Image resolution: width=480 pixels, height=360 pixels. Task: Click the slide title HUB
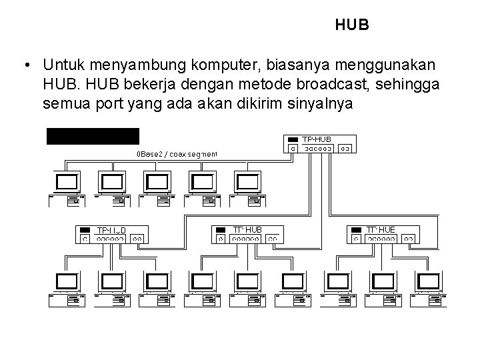coord(352,25)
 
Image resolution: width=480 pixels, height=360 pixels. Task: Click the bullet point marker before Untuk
coord(25,65)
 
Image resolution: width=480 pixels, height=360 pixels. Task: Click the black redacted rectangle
coord(93,136)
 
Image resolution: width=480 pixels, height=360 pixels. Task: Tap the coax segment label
coord(177,154)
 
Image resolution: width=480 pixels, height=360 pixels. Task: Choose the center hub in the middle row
coord(247,233)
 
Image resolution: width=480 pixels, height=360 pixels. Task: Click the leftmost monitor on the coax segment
coord(68,182)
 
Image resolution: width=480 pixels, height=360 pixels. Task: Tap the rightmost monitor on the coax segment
coord(247,182)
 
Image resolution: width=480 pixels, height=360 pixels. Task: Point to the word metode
coord(235,85)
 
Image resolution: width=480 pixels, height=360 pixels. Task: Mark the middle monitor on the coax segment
coord(157,182)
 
